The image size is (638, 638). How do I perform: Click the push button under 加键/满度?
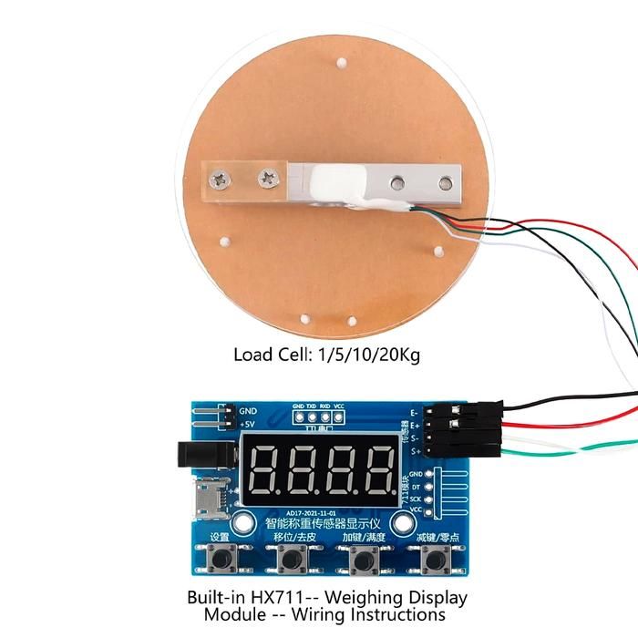(365, 560)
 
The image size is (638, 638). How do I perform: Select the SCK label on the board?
(416, 499)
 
